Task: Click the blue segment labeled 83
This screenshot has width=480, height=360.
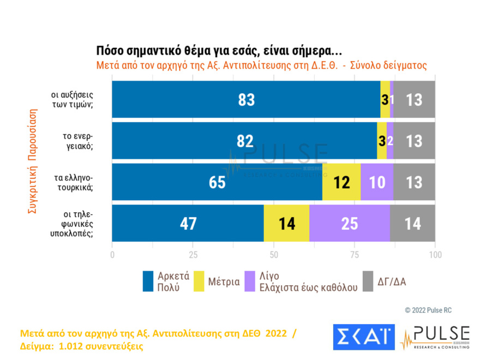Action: (246, 99)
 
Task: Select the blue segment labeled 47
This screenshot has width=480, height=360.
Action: (188, 223)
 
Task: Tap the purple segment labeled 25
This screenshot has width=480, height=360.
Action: (349, 223)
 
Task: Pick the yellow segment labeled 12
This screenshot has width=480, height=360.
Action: (341, 182)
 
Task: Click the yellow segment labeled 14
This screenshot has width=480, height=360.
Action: (286, 223)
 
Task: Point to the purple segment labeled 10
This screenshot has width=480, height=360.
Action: (377, 182)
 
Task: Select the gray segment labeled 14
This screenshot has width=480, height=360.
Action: (412, 223)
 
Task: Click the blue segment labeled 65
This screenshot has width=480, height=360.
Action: (217, 182)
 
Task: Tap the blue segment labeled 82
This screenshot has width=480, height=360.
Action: (244, 141)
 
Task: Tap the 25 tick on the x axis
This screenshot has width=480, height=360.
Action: (193, 255)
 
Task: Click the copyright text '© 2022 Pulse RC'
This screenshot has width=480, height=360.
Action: (428, 310)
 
